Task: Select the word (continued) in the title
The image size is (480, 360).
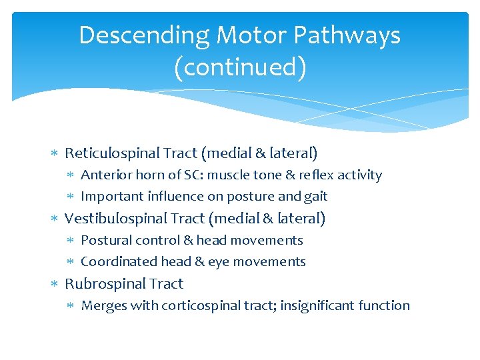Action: click(240, 67)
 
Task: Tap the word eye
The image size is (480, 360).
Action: click(218, 262)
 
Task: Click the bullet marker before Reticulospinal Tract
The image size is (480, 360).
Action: click(55, 154)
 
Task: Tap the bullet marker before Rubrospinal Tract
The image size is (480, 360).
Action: click(55, 285)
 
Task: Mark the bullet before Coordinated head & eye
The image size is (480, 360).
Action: click(71, 262)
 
